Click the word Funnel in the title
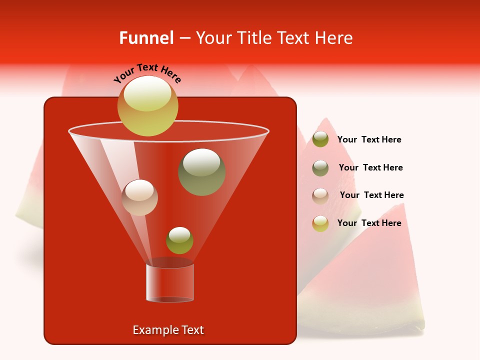[x=146, y=38]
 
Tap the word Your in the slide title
[x=212, y=38]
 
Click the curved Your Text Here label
[x=147, y=73]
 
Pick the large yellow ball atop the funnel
[x=147, y=105]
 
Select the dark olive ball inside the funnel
[x=201, y=171]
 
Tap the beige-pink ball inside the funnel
[x=139, y=197]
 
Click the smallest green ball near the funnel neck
[x=179, y=240]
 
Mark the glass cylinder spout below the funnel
[x=169, y=282]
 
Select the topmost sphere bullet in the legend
[x=320, y=139]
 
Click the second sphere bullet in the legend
[x=320, y=168]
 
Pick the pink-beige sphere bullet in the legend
[x=320, y=196]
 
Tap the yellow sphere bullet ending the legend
[x=320, y=223]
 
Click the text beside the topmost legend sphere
[x=369, y=140]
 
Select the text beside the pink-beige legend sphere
[x=371, y=195]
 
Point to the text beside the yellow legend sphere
[x=369, y=223]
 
